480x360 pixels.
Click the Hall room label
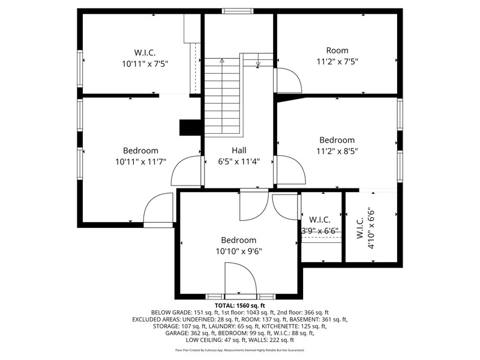coord(239,151)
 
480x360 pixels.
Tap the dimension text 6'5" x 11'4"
coord(239,161)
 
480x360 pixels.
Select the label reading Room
coord(337,50)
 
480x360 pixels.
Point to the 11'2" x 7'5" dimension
coord(337,62)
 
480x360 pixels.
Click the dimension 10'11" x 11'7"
coord(140,161)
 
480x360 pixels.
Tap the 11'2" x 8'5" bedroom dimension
coord(337,151)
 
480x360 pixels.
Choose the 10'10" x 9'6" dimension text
coord(239,251)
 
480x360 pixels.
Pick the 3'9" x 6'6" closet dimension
coord(320,231)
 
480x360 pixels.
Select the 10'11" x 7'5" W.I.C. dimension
coord(145,64)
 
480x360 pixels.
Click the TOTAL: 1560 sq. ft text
coord(239,305)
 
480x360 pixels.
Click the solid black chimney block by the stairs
coord(190,127)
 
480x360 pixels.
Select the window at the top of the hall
coord(238,11)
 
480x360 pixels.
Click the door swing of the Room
coord(289,80)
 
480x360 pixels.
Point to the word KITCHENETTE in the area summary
coord(278,326)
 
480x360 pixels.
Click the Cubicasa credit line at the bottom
coord(239,350)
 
